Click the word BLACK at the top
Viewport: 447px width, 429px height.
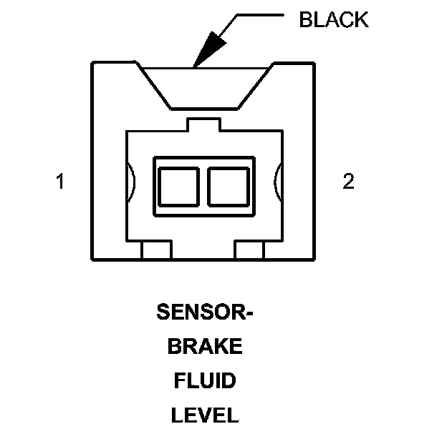pos(333,19)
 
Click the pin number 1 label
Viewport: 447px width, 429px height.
pos(61,182)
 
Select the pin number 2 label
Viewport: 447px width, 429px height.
pos(348,182)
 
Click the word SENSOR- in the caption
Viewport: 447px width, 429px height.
pos(205,312)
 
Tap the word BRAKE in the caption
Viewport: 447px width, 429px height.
pos(205,347)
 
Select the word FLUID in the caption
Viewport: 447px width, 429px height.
pos(205,381)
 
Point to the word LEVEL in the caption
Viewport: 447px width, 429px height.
pos(205,415)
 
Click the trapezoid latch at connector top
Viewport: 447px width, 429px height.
pos(205,86)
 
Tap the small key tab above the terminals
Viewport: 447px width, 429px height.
pos(204,124)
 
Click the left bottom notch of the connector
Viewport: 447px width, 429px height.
pos(156,250)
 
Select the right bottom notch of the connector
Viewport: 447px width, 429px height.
pos(250,250)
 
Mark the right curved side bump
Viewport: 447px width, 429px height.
pos(278,183)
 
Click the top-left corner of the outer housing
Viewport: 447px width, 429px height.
pos(92,64)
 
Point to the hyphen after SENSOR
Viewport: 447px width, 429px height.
pos(250,314)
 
